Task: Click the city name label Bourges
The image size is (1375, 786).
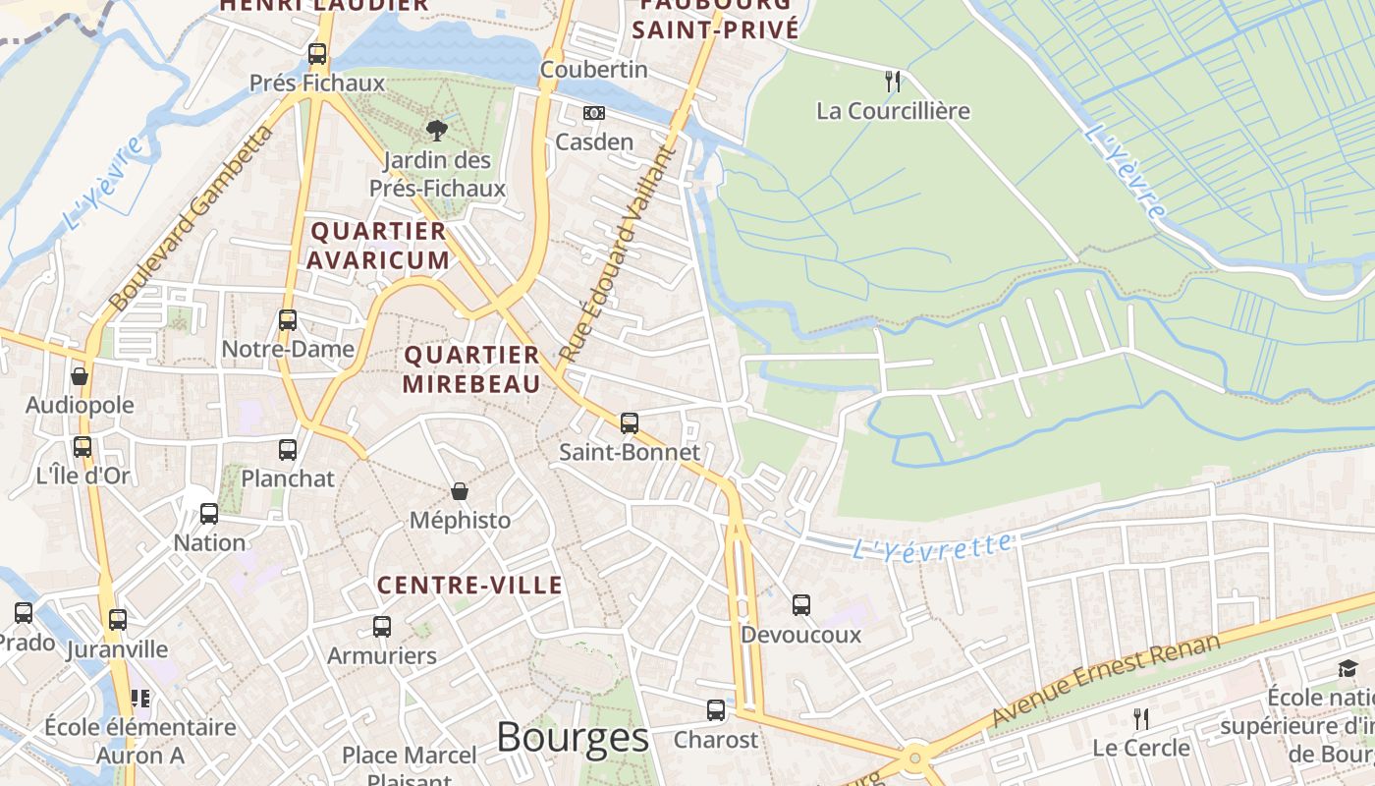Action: click(x=573, y=737)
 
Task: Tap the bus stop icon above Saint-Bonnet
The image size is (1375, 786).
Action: click(x=630, y=423)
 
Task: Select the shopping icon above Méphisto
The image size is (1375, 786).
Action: click(x=460, y=490)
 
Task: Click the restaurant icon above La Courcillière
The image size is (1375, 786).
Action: click(x=893, y=82)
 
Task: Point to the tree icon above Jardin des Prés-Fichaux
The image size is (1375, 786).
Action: click(x=436, y=130)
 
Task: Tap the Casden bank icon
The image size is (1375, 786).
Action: click(x=594, y=113)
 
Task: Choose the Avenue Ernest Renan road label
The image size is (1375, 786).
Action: click(x=1106, y=680)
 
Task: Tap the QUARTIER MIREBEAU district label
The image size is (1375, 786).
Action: click(x=472, y=368)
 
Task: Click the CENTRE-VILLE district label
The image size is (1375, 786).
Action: click(x=470, y=586)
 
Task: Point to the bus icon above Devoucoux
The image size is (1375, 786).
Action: click(x=801, y=605)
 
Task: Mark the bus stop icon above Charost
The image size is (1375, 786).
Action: click(x=716, y=709)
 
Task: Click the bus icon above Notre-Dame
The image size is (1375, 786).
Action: click(x=288, y=319)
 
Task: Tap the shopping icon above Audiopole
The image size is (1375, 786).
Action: click(x=80, y=375)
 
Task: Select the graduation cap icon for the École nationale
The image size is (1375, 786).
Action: click(x=1347, y=669)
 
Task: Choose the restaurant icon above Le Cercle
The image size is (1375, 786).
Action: click(x=1140, y=719)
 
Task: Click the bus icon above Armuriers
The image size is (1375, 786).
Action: click(x=382, y=626)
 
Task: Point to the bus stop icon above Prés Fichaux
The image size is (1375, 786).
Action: click(x=317, y=54)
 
